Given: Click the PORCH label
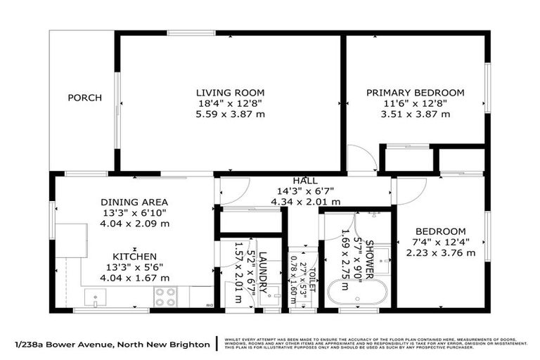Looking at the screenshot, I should point(84,98).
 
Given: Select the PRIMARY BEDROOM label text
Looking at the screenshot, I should point(415,92).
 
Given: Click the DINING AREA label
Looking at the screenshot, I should point(134,202).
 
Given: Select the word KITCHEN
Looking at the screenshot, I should point(134,257).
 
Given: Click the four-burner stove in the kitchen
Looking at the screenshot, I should point(165,297).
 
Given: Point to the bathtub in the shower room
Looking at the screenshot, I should point(358,292).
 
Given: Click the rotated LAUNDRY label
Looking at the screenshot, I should point(262,271).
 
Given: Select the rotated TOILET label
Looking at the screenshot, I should point(311,281).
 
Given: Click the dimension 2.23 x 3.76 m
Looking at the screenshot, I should point(440,254).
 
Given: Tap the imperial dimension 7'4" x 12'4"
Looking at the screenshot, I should point(440,243).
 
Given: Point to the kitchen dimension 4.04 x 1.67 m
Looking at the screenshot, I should point(134,278).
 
